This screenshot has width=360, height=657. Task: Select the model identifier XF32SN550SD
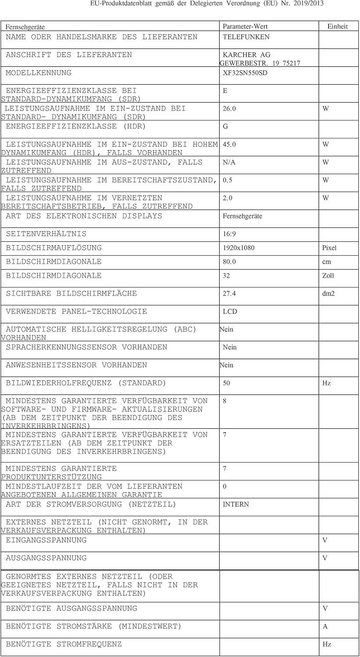tap(245, 73)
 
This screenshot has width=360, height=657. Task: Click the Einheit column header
tap(337, 27)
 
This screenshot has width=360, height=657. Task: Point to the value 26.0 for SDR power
tap(229, 109)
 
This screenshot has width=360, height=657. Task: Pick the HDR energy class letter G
tap(225, 127)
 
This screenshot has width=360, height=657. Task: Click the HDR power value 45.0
tap(229, 145)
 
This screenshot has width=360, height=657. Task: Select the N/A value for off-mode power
tap(229, 162)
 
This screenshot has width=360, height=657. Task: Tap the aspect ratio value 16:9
tap(229, 234)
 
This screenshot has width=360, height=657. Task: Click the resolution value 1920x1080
tap(238, 248)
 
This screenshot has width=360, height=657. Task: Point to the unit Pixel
tap(329, 248)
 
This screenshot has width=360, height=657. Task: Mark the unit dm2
tap(328, 294)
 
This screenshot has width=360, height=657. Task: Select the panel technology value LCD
tap(229, 312)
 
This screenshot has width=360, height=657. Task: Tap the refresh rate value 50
tap(226, 383)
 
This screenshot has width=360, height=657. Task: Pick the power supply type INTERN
tap(236, 505)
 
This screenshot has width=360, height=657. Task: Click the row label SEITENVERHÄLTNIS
tap(46, 234)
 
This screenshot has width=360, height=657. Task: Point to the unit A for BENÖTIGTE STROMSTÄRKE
tap(325, 627)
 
